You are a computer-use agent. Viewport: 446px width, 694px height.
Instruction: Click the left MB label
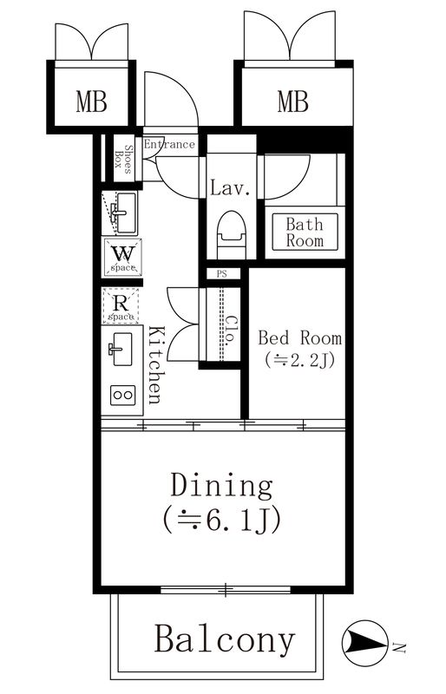90,102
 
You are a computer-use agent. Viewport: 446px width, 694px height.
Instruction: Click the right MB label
292,102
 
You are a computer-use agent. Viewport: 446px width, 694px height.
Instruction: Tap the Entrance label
169,144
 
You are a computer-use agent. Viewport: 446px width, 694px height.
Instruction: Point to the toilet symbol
231,232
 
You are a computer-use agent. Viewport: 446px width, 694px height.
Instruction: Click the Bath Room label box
305,232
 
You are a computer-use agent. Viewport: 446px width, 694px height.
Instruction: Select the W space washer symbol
121,257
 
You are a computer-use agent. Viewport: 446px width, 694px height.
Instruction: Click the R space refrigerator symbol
121,306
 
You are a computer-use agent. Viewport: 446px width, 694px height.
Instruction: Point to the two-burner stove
121,396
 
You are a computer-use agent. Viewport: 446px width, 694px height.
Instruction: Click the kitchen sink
121,350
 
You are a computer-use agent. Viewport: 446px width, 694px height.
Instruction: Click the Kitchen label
154,364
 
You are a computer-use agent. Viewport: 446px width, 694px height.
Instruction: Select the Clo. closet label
230,331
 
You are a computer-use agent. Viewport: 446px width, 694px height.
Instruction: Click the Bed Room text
299,337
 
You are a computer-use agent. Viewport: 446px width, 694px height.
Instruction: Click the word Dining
221,484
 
